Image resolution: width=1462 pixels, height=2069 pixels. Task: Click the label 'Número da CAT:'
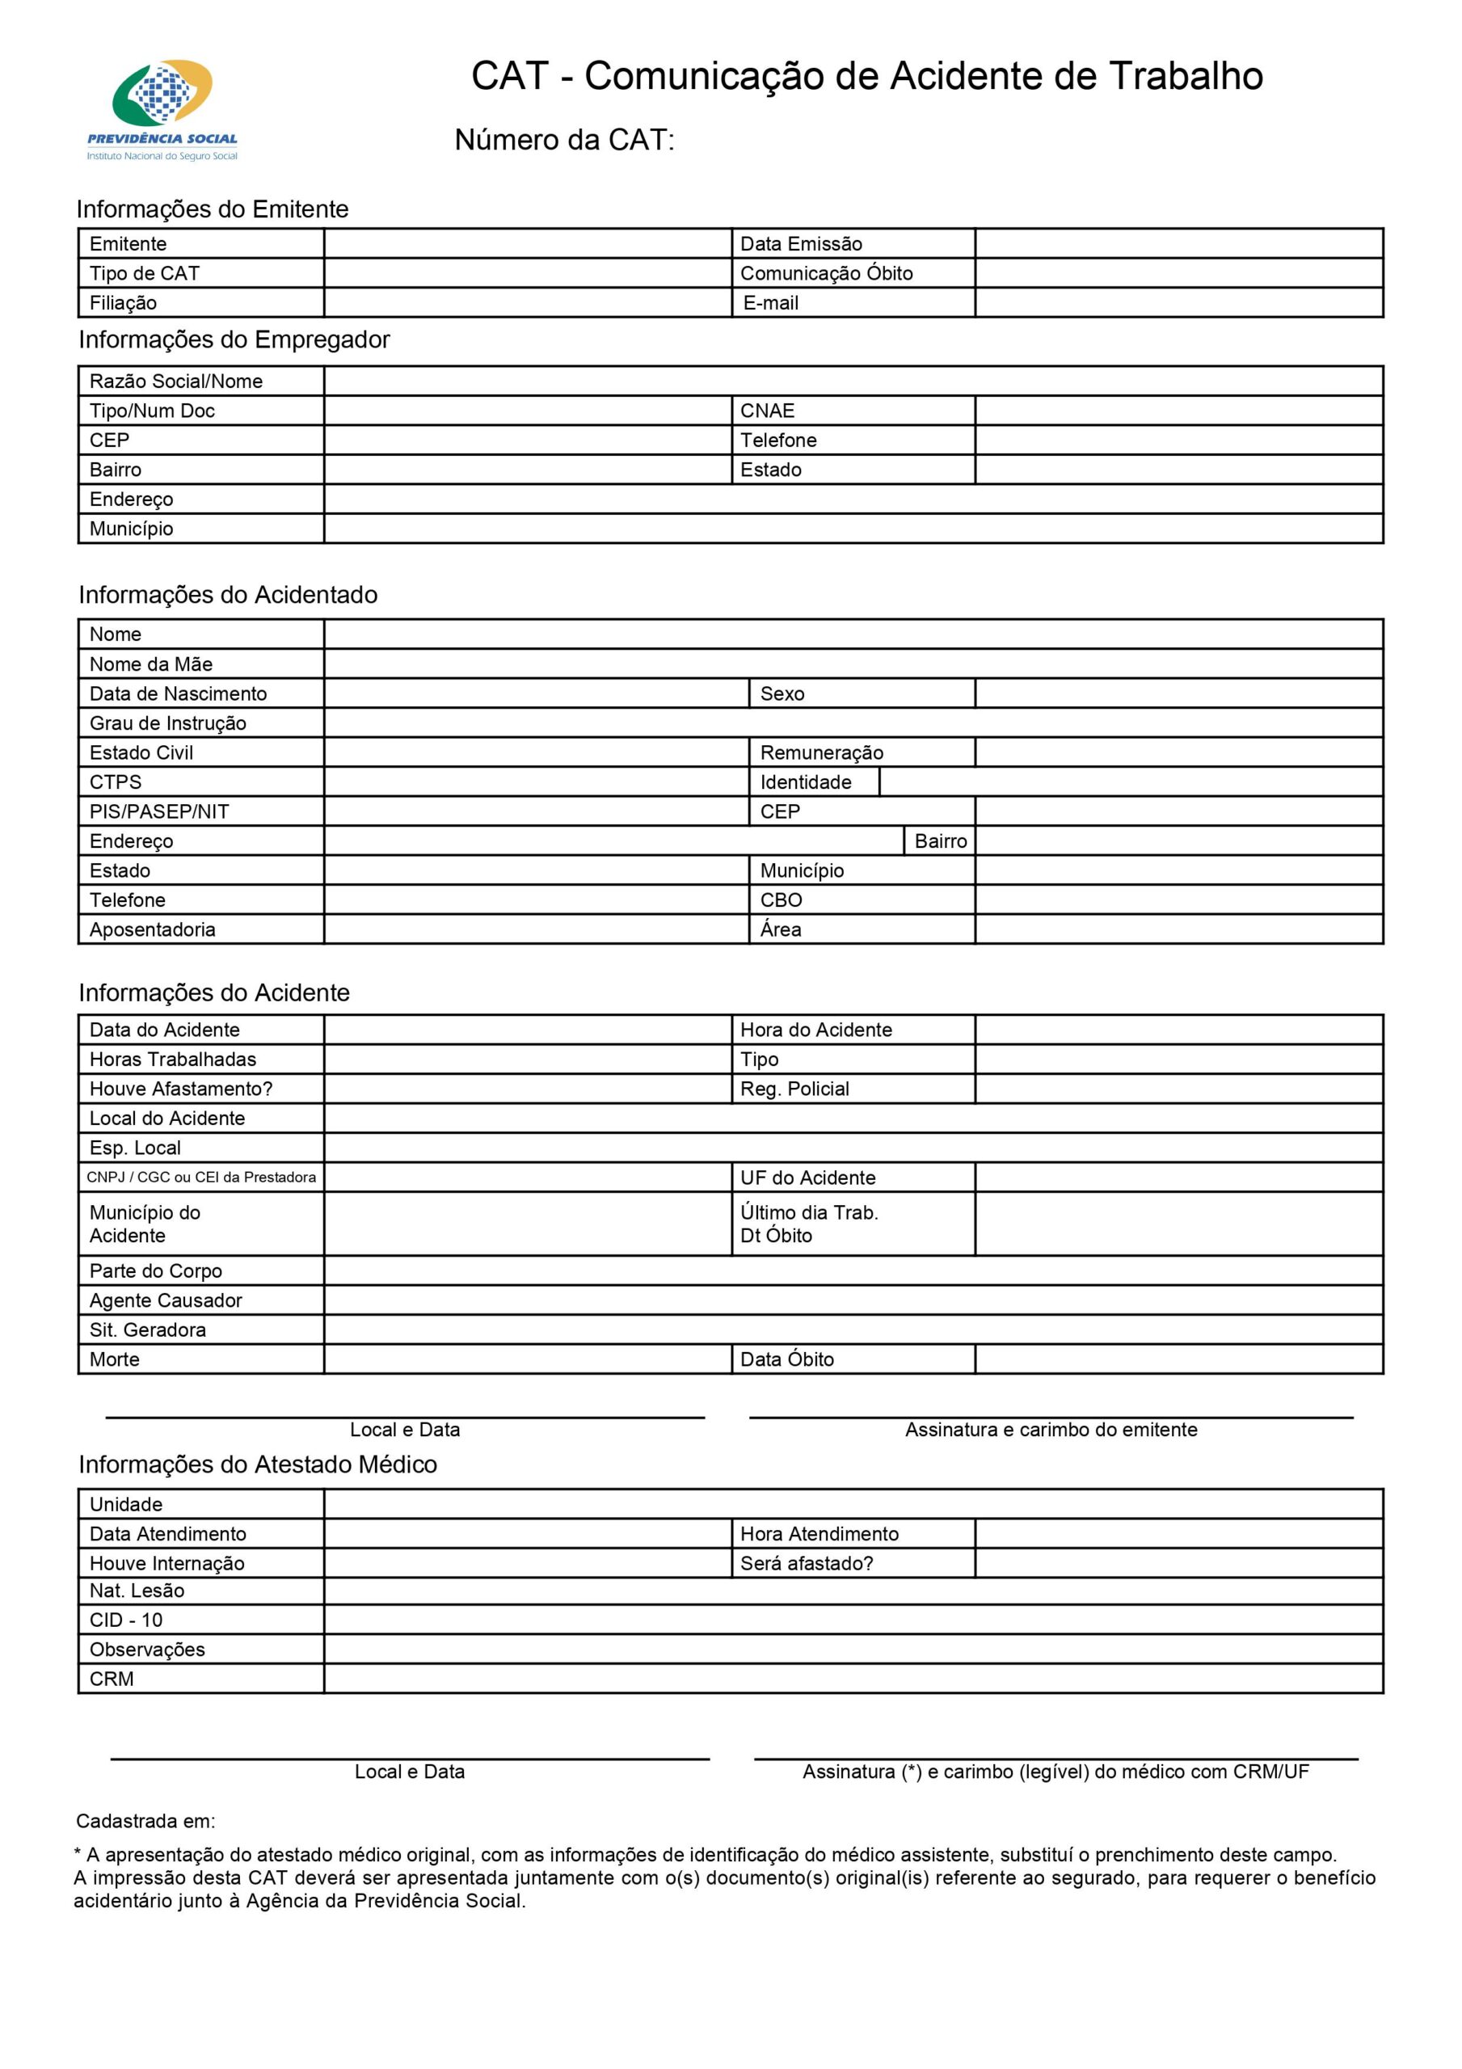[564, 140]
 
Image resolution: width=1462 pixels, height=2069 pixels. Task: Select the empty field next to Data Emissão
[1178, 243]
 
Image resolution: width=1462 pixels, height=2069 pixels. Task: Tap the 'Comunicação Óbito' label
[826, 273]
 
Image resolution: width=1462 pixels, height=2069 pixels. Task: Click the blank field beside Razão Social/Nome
[853, 381]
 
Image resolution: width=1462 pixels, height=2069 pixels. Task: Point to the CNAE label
[767, 411]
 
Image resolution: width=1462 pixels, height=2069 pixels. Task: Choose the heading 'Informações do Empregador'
[234, 339]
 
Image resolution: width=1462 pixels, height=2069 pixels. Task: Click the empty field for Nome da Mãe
[853, 664]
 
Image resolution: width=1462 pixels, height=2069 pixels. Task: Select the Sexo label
[782, 694]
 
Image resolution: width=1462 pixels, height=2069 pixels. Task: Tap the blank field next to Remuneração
[1178, 752]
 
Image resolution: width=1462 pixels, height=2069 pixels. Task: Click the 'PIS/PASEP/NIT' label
[158, 812]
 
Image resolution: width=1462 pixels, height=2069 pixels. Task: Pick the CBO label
[781, 900]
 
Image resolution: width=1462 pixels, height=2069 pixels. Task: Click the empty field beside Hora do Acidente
[1178, 1030]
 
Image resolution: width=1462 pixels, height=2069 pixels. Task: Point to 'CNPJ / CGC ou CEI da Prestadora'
[201, 1177]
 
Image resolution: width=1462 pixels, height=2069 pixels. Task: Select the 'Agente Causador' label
[166, 1300]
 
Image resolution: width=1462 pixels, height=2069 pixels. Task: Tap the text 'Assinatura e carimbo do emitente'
[1051, 1429]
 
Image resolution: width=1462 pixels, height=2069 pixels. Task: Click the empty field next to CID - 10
[853, 1620]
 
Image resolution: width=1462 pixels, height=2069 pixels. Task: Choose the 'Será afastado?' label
[807, 1563]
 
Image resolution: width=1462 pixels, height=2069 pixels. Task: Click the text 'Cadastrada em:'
[146, 1821]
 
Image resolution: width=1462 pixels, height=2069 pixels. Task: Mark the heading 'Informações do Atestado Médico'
[258, 1464]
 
